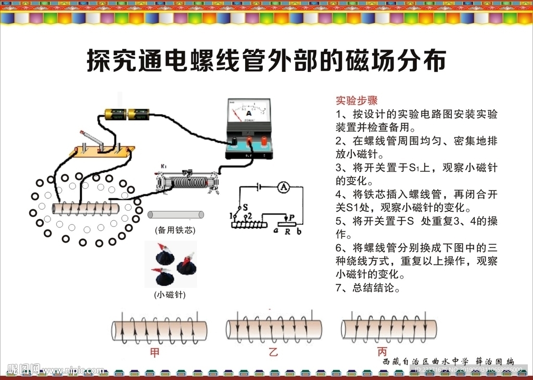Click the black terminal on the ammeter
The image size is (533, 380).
tap(234, 141)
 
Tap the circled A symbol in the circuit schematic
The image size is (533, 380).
tap(282, 186)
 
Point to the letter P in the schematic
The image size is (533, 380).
tap(291, 217)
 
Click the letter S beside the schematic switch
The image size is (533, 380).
tap(245, 207)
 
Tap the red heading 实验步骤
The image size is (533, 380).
tap(357, 100)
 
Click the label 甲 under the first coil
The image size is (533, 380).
tap(155, 352)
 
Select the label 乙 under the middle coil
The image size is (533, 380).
tap(273, 352)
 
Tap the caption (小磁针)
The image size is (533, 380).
tap(170, 295)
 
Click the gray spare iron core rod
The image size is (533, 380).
tap(175, 214)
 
